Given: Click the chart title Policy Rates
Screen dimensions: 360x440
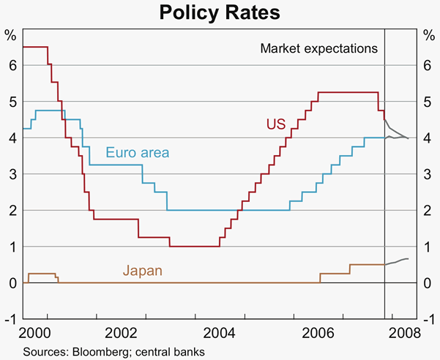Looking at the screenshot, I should click(220, 12).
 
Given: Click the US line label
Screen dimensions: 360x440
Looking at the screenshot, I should click(275, 124).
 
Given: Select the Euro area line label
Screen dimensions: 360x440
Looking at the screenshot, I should click(138, 153).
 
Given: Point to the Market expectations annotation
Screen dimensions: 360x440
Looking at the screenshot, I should click(318, 49).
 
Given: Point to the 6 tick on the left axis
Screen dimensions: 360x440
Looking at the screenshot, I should click(12, 65).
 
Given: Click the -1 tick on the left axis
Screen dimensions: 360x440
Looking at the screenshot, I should click(10, 319).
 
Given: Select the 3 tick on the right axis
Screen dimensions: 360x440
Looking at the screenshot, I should click(428, 174).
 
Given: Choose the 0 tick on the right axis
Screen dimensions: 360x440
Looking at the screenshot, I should click(428, 283).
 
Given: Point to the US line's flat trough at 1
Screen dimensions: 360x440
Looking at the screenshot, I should click(194, 247).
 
